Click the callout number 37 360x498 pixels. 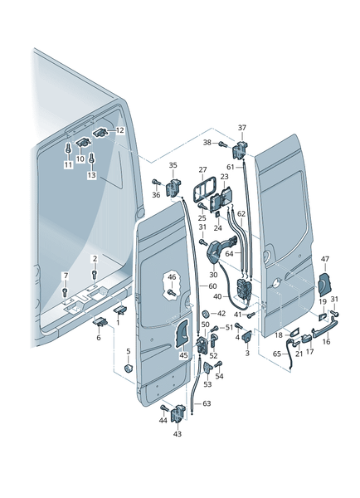(x=242, y=128)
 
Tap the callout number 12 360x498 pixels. (x=120, y=130)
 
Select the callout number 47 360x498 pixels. (x=325, y=259)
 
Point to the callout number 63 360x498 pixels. (x=207, y=403)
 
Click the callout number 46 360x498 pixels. (x=172, y=277)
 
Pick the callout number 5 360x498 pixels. (x=129, y=351)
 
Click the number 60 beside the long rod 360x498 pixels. (x=212, y=286)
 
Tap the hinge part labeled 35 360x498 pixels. (x=173, y=188)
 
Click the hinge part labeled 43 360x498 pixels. (x=178, y=414)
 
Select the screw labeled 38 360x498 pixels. (x=222, y=144)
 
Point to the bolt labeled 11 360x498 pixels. (x=68, y=148)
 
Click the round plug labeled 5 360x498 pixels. (x=128, y=369)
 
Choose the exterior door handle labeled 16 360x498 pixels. (x=325, y=329)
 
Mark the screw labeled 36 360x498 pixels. (x=157, y=182)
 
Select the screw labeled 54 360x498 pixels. (x=219, y=364)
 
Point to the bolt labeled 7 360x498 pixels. (x=66, y=291)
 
